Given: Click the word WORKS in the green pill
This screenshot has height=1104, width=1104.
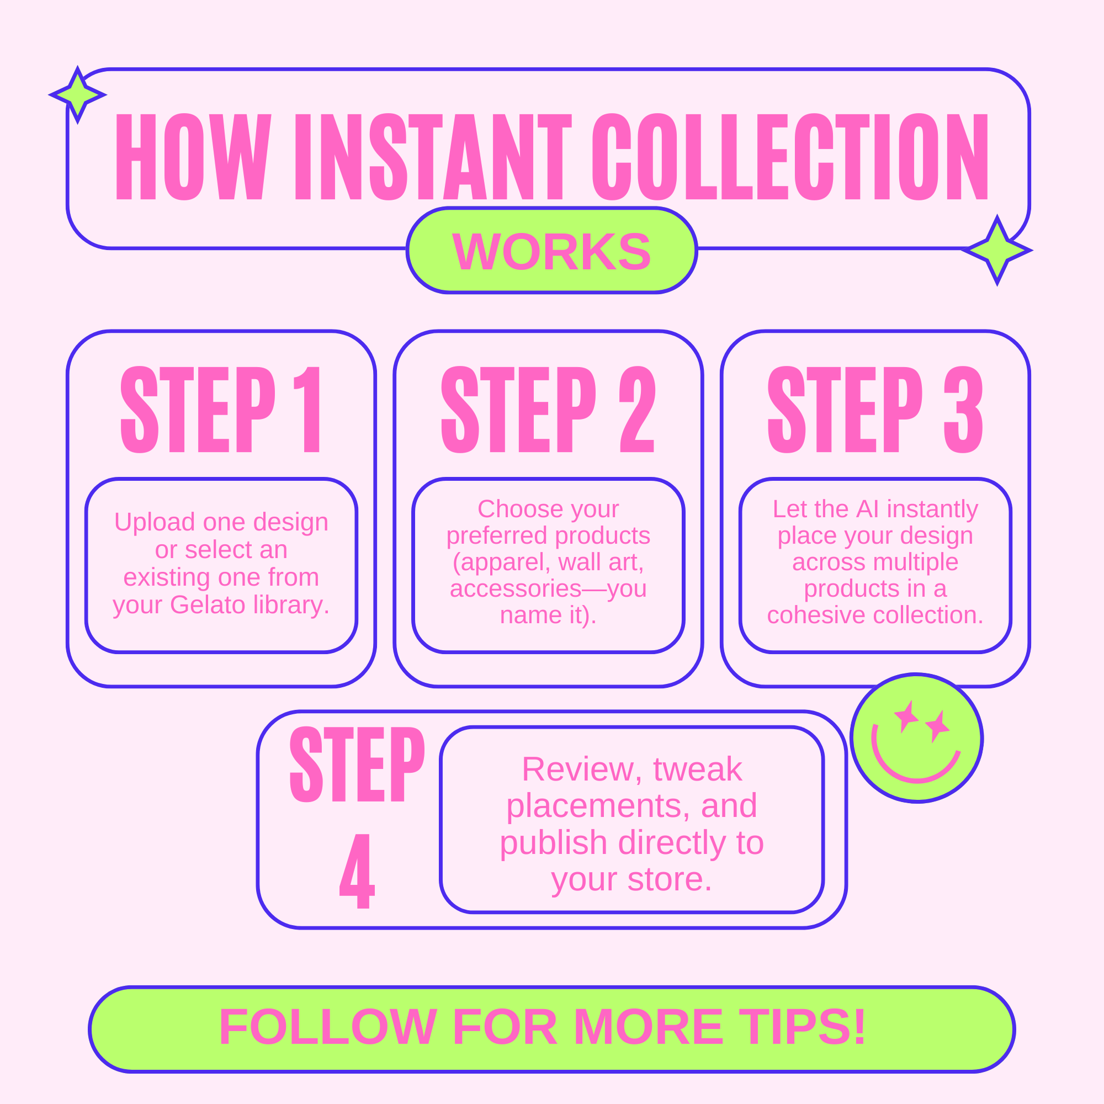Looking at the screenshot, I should [x=551, y=251].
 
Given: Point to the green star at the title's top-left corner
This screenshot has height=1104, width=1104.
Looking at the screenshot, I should [x=77, y=95].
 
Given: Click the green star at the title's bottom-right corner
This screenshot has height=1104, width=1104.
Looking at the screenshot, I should [x=997, y=250].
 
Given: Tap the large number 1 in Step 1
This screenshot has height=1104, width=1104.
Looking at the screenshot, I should [x=309, y=409].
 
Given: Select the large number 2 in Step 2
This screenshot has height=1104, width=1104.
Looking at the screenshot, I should [x=637, y=409].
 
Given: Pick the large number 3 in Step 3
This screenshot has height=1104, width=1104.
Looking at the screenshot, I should [x=963, y=409].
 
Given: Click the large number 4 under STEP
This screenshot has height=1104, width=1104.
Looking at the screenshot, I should [x=358, y=871].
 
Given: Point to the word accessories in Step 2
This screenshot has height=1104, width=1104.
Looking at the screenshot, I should [x=515, y=588].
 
